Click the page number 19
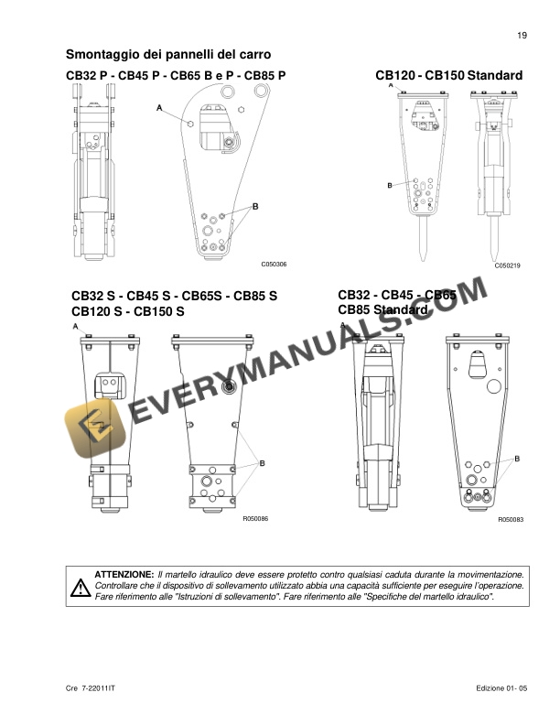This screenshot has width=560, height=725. click(522, 36)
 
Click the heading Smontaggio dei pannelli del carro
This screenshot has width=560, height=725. click(167, 55)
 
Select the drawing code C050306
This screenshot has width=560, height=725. click(274, 265)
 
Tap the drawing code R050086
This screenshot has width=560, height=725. click(254, 519)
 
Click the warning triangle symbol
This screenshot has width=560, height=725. click(76, 585)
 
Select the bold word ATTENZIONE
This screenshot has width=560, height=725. click(124, 573)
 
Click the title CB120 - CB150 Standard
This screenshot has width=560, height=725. click(448, 75)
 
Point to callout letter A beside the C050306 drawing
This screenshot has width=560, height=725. click(159, 108)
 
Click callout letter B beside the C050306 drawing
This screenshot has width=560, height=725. click(255, 207)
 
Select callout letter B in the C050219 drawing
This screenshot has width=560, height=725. click(389, 186)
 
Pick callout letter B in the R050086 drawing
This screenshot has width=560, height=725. click(263, 465)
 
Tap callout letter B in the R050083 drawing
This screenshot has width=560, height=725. click(518, 458)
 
